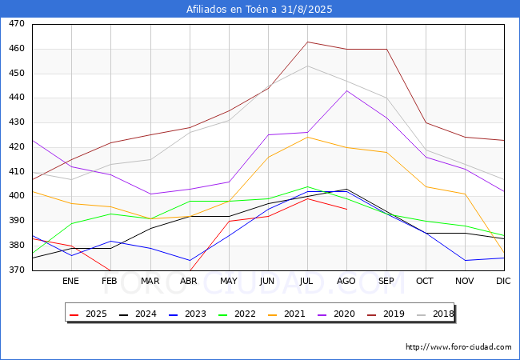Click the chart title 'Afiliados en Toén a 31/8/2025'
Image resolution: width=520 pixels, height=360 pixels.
coord(259,10)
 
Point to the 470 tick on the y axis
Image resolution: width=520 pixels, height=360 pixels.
coord(16,24)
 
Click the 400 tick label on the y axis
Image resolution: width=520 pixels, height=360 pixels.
coord(16,196)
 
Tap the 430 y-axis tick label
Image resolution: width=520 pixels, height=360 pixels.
coord(16,122)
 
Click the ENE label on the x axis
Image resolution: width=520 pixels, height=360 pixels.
coord(71,281)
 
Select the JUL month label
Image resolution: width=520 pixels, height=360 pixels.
coord(307,281)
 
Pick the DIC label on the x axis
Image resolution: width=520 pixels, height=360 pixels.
coord(503,281)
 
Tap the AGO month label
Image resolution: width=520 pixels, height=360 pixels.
coord(346,281)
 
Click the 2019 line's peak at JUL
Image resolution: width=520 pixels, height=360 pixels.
coord(307,42)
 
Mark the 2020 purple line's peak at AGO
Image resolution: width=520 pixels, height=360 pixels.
coord(346,90)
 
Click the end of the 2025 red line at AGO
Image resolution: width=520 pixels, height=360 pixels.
coord(346,209)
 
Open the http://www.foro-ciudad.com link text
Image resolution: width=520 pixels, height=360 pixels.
coord(458,347)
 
